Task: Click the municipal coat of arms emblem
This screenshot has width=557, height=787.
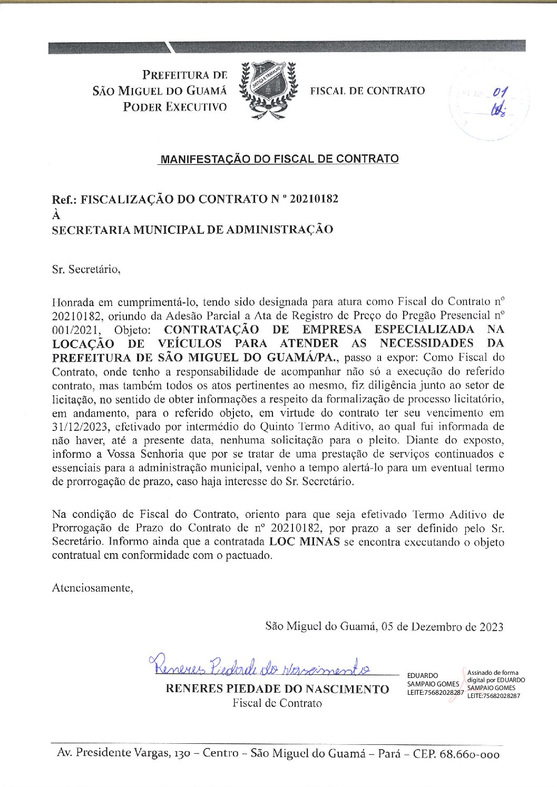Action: pyautogui.click(x=268, y=90)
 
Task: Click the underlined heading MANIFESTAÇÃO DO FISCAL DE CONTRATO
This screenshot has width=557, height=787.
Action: pyautogui.click(x=279, y=159)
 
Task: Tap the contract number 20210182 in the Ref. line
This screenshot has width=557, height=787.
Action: pyautogui.click(x=314, y=199)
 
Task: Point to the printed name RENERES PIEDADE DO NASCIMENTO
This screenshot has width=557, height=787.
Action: pyautogui.click(x=277, y=689)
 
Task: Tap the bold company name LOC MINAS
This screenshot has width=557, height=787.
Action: pyautogui.click(x=304, y=542)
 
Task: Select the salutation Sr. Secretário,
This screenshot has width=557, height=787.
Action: pyautogui.click(x=86, y=270)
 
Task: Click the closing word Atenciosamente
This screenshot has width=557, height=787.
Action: pyautogui.click(x=92, y=588)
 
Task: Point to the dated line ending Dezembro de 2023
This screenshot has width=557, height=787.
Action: pyautogui.click(x=384, y=626)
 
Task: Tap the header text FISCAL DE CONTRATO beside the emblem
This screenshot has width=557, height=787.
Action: pyautogui.click(x=367, y=91)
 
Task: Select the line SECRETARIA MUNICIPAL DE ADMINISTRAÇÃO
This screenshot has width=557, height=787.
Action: pyautogui.click(x=192, y=230)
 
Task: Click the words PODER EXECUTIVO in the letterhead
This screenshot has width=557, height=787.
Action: pyautogui.click(x=175, y=106)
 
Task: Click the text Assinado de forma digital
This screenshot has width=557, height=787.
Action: pyautogui.click(x=493, y=673)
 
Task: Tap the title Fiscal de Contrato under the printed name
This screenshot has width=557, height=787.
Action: pyautogui.click(x=277, y=703)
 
